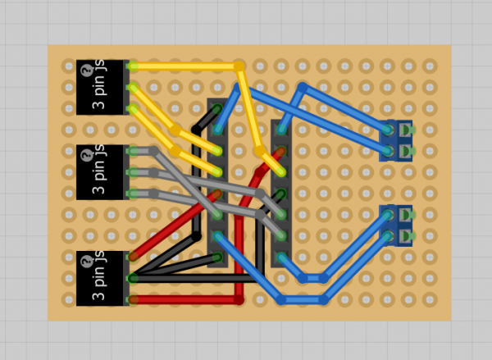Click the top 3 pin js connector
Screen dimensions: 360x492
pyautogui.click(x=102, y=86)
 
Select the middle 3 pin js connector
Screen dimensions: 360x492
pyautogui.click(x=102, y=171)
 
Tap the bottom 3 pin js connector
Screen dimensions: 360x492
pyautogui.click(x=102, y=278)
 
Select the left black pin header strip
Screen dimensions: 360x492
pyautogui.click(x=217, y=183)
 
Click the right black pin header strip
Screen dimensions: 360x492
pyautogui.click(x=280, y=193)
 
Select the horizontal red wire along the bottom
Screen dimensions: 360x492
pyautogui.click(x=184, y=300)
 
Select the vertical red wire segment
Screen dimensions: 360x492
pyautogui.click(x=239, y=246)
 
